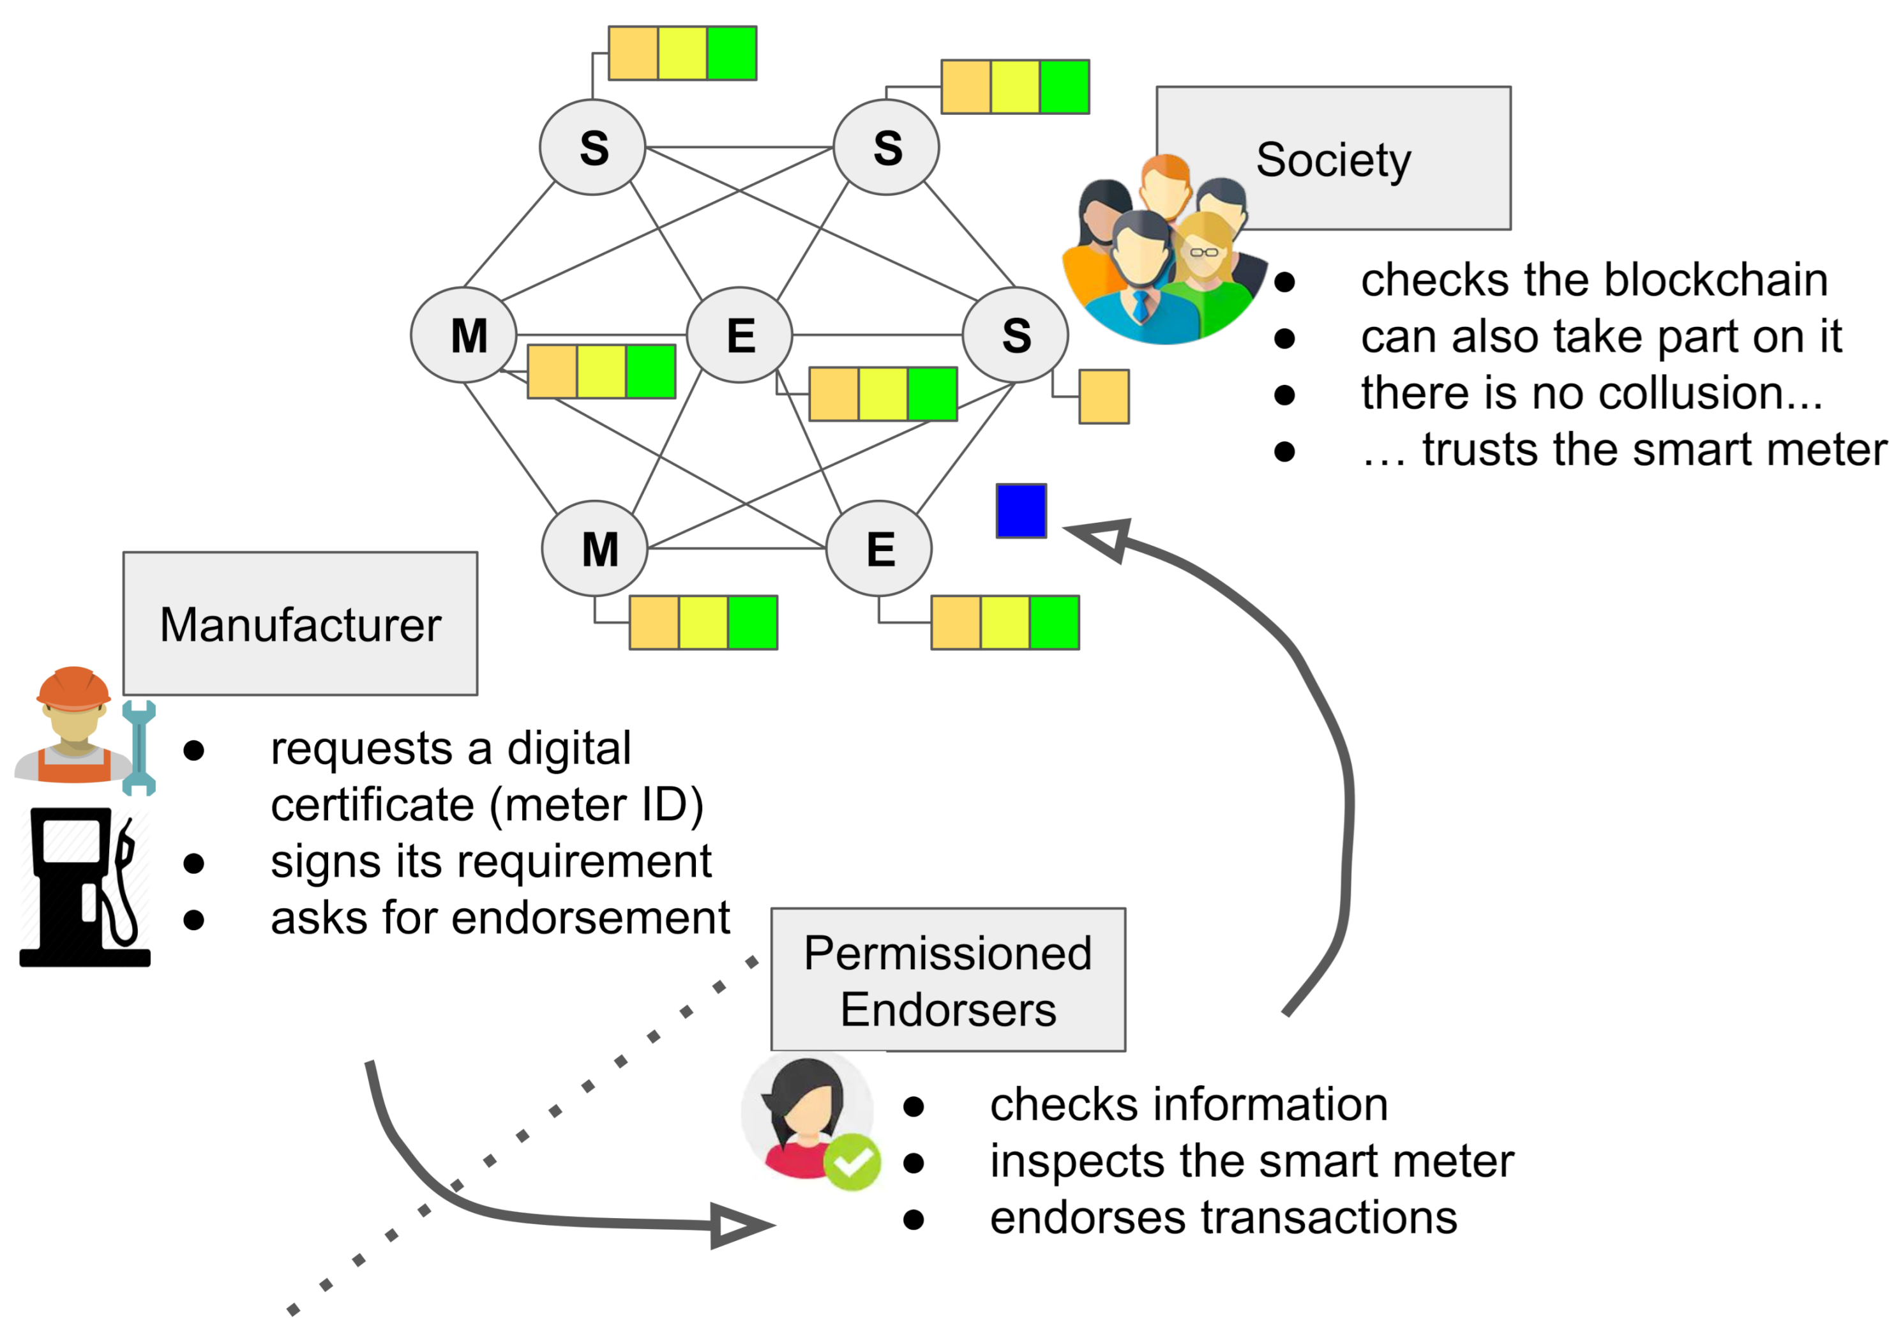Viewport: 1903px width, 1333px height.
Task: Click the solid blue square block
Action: pos(1021,511)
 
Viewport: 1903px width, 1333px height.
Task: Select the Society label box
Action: pos(1334,158)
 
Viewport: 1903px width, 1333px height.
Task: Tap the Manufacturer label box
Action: pos(300,623)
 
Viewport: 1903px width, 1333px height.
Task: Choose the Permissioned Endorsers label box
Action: pos(948,980)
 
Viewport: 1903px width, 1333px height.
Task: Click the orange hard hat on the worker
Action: pos(74,688)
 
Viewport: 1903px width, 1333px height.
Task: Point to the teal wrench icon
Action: pos(139,748)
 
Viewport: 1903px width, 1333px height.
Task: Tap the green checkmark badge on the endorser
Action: pos(852,1163)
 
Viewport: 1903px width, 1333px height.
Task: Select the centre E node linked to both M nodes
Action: pos(739,335)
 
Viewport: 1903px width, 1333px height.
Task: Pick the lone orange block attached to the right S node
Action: pos(1104,396)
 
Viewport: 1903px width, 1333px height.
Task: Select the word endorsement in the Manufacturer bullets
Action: pos(591,917)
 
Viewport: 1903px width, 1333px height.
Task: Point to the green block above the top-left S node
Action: pos(732,53)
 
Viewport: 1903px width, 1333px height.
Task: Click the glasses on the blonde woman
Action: pos(1204,251)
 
